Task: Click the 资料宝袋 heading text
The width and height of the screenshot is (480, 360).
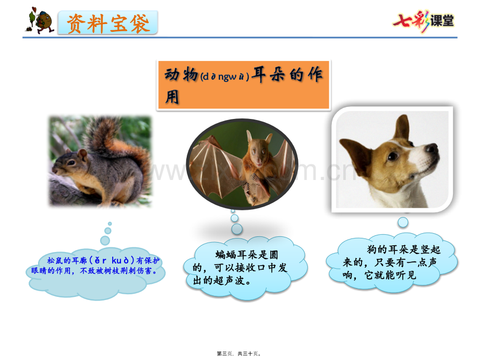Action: click(108, 23)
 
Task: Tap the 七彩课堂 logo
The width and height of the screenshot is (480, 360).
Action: click(424, 21)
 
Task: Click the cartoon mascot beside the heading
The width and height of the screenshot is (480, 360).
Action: click(40, 20)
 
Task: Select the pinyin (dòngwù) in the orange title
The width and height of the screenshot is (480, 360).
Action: click(224, 76)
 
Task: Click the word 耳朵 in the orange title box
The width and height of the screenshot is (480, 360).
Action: click(269, 75)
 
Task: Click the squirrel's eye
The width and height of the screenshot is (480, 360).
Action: click(71, 162)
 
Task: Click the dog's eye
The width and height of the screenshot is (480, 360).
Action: click(392, 156)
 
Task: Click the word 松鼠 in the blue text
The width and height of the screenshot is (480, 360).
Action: click(55, 260)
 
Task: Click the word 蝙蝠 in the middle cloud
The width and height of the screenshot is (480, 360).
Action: click(226, 255)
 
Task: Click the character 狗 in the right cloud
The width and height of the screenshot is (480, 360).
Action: click(371, 249)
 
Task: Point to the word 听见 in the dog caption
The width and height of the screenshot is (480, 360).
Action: click(406, 275)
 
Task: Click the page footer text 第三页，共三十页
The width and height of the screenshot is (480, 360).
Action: click(239, 354)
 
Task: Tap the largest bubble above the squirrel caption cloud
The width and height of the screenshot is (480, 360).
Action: click(105, 241)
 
